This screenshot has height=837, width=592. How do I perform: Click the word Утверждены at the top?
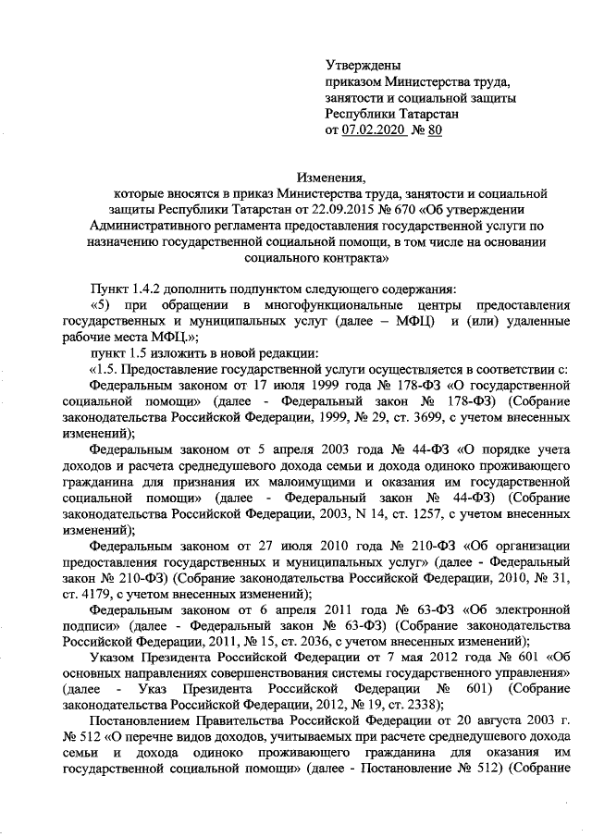(364, 65)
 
